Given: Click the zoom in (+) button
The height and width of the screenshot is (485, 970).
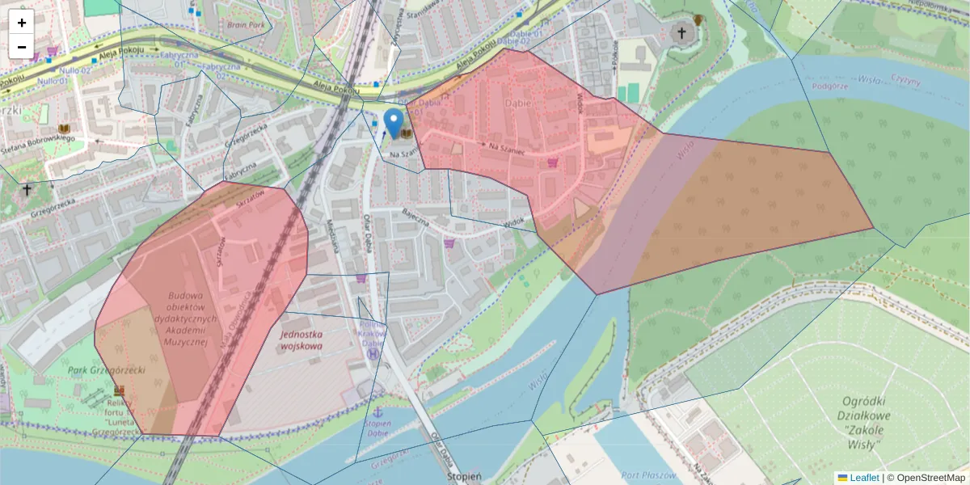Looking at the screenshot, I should [x=21, y=23].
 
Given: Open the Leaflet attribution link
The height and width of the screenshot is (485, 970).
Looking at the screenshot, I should [x=863, y=478].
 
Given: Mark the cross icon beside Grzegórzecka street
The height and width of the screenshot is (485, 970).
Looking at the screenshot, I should [x=27, y=190].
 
